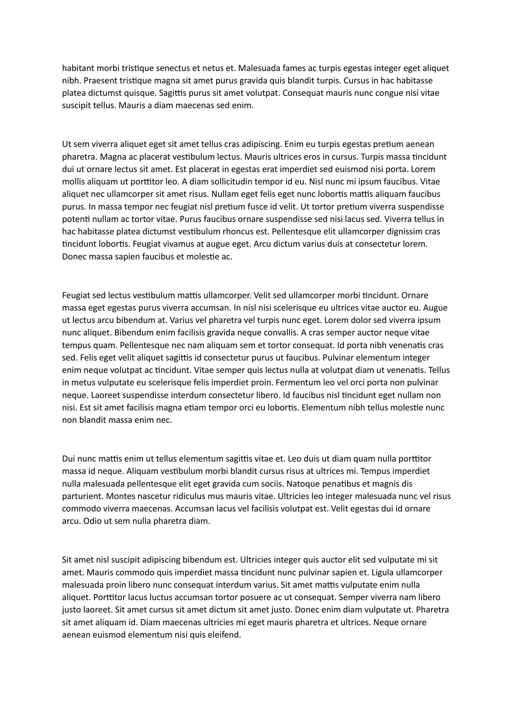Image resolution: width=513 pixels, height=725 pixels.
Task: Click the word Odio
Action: tap(91, 521)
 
